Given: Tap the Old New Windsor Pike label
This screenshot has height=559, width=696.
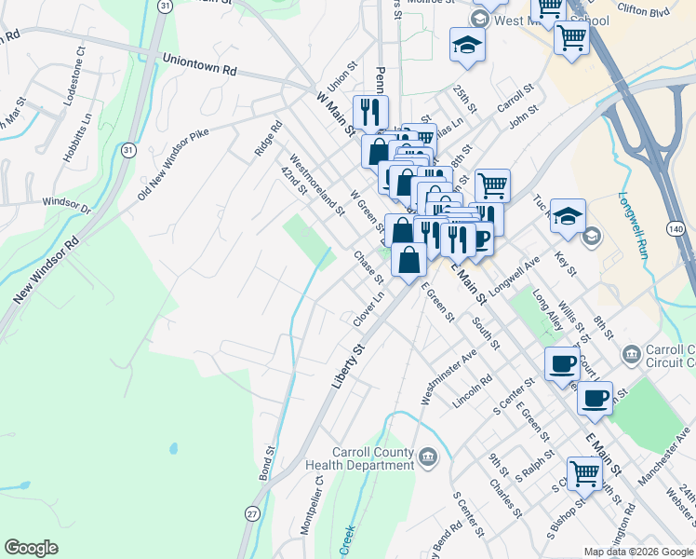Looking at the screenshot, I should (173, 162).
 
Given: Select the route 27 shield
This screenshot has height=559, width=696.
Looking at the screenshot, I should (252, 513).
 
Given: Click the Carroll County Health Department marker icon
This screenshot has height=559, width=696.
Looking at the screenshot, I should (428, 456).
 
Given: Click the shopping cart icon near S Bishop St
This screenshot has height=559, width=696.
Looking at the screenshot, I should (584, 473).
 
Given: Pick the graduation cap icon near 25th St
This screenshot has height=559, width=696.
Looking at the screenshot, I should (466, 44).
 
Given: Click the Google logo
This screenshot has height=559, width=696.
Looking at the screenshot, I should (32, 548).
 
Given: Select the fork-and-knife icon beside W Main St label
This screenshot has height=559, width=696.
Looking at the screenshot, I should (371, 112).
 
